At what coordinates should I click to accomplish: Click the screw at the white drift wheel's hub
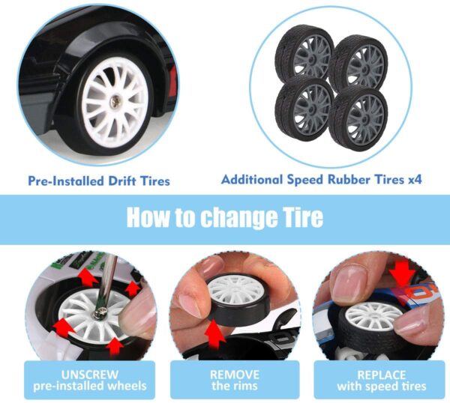coord(115,102)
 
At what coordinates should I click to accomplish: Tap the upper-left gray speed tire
coord(304,52)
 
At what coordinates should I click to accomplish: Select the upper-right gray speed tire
coord(358,61)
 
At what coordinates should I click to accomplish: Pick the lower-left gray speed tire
coord(304,107)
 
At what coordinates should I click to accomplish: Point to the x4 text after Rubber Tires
coord(415,180)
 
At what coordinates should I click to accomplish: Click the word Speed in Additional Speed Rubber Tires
coord(306,180)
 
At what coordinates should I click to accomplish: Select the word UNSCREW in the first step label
coord(89,375)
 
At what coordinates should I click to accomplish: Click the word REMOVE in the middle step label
coord(235,375)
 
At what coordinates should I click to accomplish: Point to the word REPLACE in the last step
coord(382,375)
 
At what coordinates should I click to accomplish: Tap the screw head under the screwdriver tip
coord(99,312)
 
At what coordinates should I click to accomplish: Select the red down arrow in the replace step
coord(403,273)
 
